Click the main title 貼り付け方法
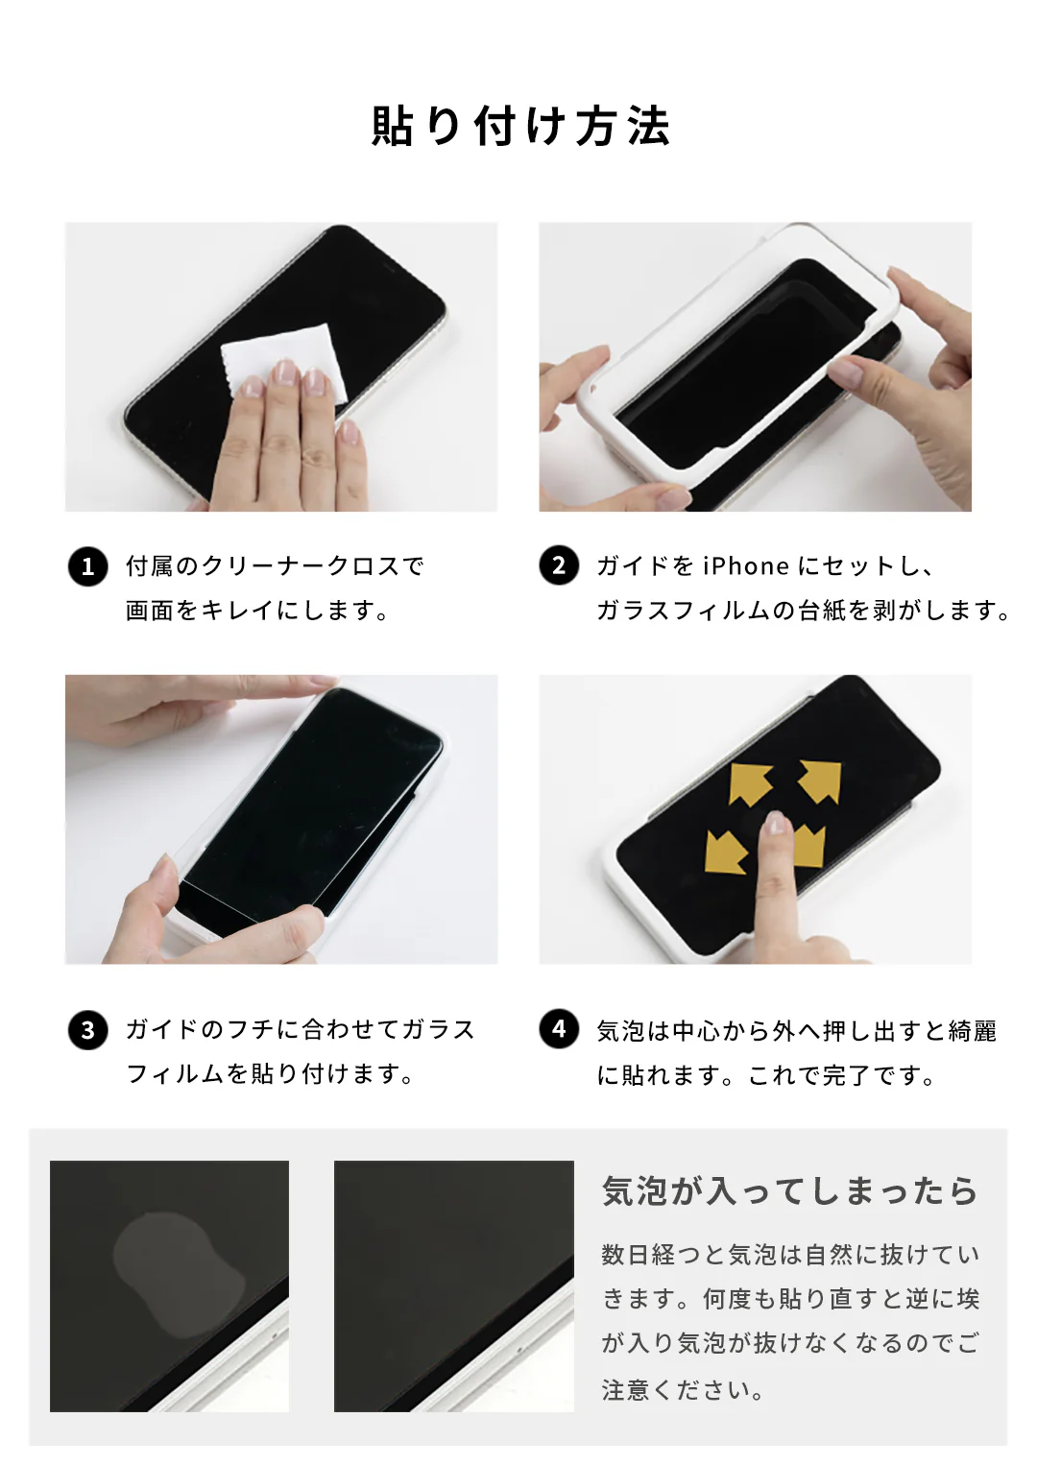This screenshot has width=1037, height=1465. [x=519, y=127]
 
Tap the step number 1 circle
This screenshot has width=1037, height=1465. [x=87, y=565]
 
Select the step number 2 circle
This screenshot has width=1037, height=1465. [x=559, y=565]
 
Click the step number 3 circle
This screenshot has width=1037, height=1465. [x=87, y=1030]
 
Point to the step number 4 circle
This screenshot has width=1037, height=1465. [x=559, y=1029]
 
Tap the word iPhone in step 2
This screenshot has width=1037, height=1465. [x=746, y=566]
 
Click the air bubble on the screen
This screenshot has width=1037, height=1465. [x=178, y=1272]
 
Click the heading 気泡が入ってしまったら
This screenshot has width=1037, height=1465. [x=789, y=1191]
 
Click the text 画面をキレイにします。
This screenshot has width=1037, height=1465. [x=257, y=611]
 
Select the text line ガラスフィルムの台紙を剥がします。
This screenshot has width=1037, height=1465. [x=803, y=611]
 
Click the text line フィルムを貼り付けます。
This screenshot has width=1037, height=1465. [x=271, y=1074]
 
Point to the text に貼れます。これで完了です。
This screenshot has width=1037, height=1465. [x=766, y=1075]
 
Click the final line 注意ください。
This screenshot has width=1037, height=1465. [x=683, y=1390]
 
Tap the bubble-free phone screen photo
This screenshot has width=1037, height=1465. [x=453, y=1285]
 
